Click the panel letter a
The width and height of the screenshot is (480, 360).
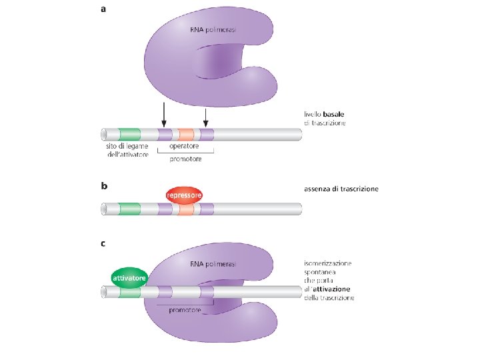click(x=103, y=9)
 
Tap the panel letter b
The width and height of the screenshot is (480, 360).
click(x=104, y=186)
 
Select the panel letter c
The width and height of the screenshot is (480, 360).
click(x=103, y=244)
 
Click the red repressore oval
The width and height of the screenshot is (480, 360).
click(x=184, y=195)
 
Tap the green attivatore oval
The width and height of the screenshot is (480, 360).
click(x=129, y=278)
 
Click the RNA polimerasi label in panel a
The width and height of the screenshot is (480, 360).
click(x=213, y=30)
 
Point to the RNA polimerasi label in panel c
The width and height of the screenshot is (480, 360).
click(x=213, y=264)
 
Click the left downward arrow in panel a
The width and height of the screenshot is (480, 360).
click(x=164, y=115)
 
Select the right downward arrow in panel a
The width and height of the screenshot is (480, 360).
click(x=206, y=118)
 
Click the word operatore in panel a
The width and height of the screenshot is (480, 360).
click(x=184, y=146)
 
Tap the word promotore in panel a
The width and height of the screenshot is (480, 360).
click(x=185, y=159)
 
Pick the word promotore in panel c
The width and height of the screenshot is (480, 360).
click(x=185, y=310)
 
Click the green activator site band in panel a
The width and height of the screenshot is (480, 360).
click(x=129, y=135)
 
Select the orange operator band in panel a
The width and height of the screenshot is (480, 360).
click(x=186, y=135)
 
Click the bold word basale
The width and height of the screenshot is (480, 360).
click(x=334, y=115)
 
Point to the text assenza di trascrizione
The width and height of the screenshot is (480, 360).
click(x=341, y=189)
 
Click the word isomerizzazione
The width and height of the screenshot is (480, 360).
click(x=327, y=263)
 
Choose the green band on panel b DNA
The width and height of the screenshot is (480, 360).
click(x=129, y=209)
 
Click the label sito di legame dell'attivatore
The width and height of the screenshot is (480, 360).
click(x=127, y=150)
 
